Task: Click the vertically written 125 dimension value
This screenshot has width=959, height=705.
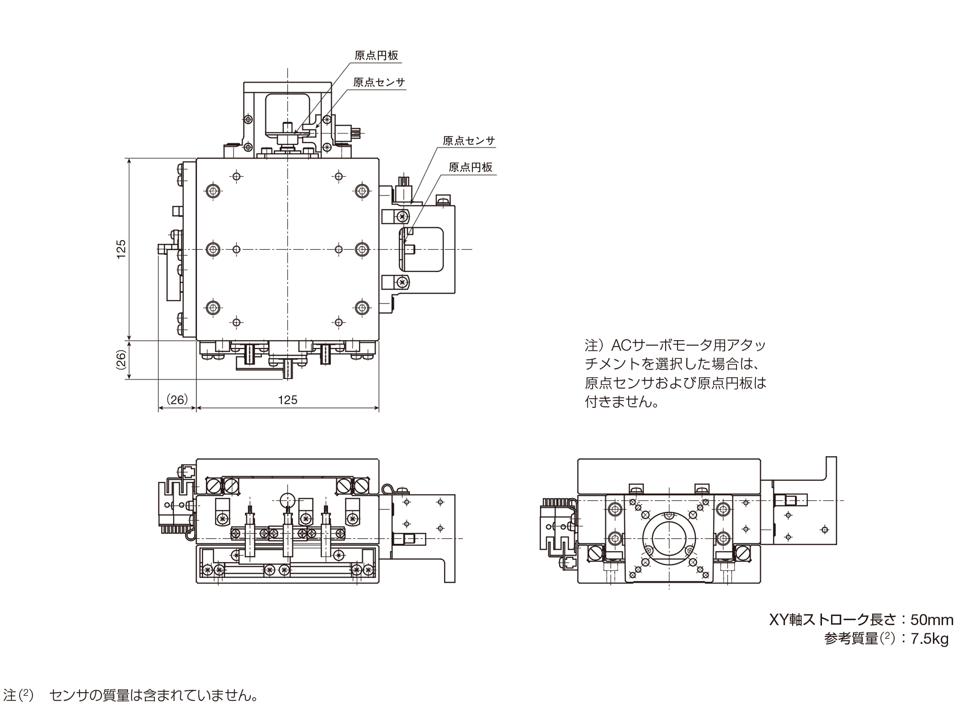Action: (x=121, y=249)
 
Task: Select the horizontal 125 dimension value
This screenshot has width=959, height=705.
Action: (x=288, y=400)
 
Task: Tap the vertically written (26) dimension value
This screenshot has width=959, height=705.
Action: (x=121, y=360)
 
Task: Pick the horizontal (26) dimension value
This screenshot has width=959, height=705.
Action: (x=177, y=399)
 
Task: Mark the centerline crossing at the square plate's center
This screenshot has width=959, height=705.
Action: (x=288, y=249)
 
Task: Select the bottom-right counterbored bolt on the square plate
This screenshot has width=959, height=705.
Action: (x=363, y=307)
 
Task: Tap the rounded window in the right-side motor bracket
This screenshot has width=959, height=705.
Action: (x=421, y=249)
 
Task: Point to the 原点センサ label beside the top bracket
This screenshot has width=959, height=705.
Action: (x=379, y=82)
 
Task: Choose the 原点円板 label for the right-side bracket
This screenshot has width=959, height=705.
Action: (x=470, y=167)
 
